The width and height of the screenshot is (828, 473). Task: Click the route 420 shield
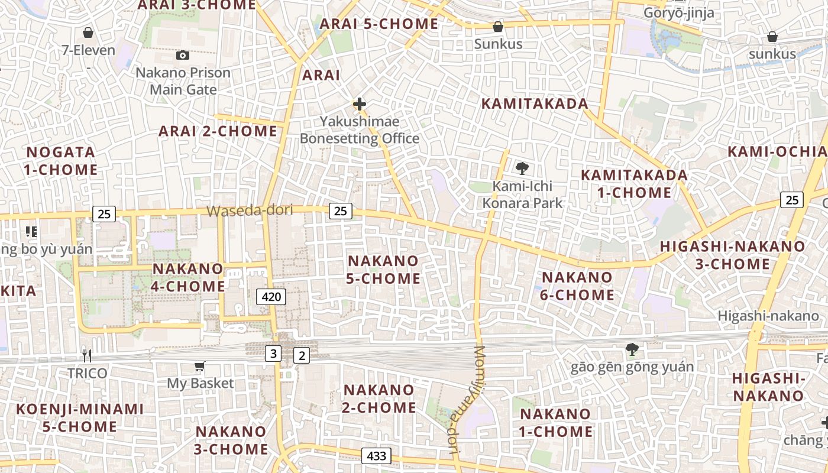271,296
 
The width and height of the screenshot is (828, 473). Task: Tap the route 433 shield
376,456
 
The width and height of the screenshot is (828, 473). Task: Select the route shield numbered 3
273,354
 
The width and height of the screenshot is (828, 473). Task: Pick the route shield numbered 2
302,355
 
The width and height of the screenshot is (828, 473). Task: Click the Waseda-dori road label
250,210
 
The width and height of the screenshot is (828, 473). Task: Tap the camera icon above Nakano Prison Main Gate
183,55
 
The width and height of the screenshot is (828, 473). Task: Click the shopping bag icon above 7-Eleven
88,32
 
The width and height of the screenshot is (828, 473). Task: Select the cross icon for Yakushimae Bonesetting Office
359,105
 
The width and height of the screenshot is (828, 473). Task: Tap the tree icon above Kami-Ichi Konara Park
522,169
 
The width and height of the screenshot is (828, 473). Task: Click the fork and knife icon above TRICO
87,355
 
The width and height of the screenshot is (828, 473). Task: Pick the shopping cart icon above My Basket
199,367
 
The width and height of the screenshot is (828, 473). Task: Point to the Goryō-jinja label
678,12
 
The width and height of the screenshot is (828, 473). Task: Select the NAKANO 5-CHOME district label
383,269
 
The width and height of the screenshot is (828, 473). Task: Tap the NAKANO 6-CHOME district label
577,286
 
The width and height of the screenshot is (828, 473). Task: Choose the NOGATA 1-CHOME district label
61,161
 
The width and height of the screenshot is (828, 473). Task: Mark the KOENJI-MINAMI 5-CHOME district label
80,417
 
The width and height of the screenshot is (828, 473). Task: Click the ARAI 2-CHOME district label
218,131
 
